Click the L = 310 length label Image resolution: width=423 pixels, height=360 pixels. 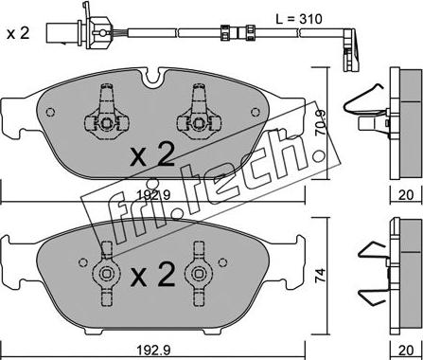pyautogui.click(x=299, y=19)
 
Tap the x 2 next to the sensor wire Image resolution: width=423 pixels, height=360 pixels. pyautogui.click(x=18, y=33)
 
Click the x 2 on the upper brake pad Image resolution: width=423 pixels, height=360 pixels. pyautogui.click(x=152, y=153)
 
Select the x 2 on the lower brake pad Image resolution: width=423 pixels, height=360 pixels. pyautogui.click(x=152, y=274)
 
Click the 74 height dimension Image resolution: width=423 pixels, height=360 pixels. pyautogui.click(x=321, y=276)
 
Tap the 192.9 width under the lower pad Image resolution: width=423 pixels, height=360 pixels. pyautogui.click(x=153, y=350)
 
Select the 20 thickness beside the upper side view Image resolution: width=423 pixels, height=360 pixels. pyautogui.click(x=406, y=195)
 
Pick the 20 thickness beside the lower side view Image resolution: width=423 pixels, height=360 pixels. pyautogui.click(x=406, y=351)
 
